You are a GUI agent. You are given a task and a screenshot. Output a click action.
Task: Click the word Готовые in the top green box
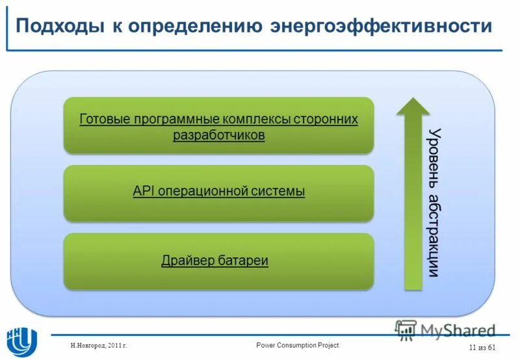click(x=105, y=120)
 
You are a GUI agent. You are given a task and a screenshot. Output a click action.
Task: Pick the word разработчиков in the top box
click(x=219, y=135)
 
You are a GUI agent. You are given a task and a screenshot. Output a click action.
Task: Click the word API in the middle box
click(x=142, y=192)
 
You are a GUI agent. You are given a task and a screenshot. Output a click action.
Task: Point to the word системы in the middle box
click(x=278, y=192)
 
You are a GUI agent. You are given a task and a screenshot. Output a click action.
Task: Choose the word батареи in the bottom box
click(x=245, y=261)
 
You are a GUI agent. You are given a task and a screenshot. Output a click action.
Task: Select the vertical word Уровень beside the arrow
click(x=435, y=157)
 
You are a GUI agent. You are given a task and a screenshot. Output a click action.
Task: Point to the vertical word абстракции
click(x=435, y=235)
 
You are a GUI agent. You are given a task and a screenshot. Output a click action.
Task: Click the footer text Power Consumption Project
click(x=297, y=345)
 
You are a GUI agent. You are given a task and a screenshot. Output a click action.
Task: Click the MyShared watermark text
click(x=458, y=330)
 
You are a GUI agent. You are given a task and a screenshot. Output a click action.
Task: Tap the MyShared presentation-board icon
click(x=406, y=330)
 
